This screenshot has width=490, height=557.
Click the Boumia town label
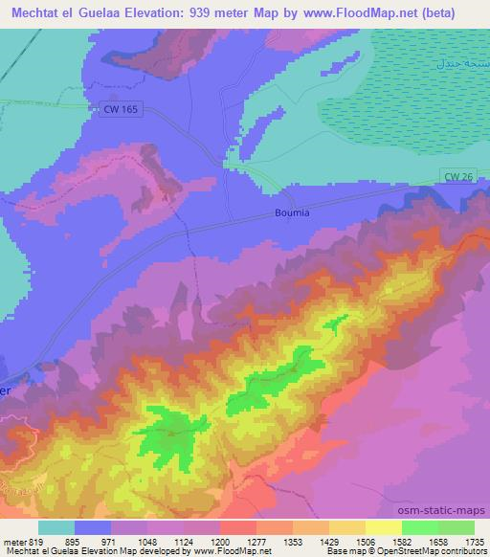coord(292,212)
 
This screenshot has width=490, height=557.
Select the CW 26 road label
coord(459,176)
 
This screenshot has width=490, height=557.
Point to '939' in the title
coord(202,12)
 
